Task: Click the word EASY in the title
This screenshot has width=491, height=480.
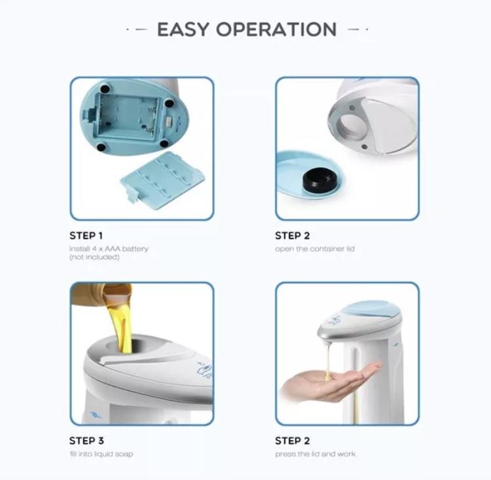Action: (x=183, y=29)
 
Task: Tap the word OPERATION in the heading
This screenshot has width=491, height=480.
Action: (x=276, y=29)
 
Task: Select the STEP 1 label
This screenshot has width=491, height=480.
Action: (x=86, y=235)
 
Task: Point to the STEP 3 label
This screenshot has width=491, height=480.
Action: (x=86, y=441)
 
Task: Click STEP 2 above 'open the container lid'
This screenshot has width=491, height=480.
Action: (x=293, y=235)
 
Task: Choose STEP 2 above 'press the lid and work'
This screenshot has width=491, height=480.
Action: (x=293, y=441)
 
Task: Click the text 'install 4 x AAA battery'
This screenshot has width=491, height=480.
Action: (x=109, y=249)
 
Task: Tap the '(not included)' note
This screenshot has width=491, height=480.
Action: (x=94, y=257)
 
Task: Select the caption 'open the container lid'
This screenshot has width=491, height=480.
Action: (x=315, y=249)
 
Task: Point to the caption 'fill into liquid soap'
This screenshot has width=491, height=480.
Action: (x=101, y=454)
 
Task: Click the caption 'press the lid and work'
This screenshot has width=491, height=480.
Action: (x=316, y=454)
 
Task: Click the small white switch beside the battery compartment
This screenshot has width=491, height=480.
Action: (x=170, y=122)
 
